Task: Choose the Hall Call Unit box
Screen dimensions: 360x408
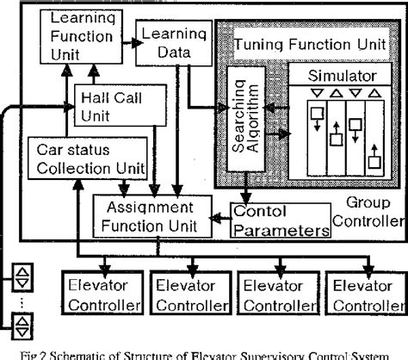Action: [112, 104]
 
